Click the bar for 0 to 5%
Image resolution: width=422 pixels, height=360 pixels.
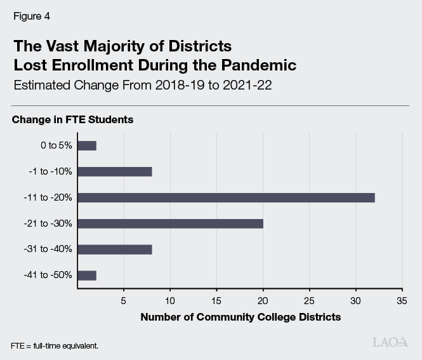click(x=87, y=145)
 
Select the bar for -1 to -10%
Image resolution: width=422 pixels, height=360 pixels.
click(x=115, y=171)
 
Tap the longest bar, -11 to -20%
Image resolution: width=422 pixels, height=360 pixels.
click(x=226, y=197)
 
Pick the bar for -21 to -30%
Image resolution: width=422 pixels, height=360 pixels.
click(x=170, y=223)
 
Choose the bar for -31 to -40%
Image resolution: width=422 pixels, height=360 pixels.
click(x=115, y=250)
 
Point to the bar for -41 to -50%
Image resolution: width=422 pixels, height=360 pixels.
click(x=87, y=276)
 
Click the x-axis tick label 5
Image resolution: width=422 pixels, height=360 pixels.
click(x=124, y=300)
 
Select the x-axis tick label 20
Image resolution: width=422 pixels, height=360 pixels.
click(x=263, y=300)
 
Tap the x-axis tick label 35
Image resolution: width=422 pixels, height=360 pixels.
click(x=401, y=300)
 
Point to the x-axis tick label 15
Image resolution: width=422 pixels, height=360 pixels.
click(x=216, y=300)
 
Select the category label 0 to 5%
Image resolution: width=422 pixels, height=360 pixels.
click(x=56, y=145)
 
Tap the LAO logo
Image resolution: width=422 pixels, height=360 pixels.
click(x=390, y=342)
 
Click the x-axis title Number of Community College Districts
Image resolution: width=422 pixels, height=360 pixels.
click(x=240, y=317)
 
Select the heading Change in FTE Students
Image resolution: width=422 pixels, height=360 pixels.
click(x=72, y=119)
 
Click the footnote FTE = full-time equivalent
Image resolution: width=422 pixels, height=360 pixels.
click(x=54, y=346)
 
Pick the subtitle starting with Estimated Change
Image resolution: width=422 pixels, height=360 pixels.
click(x=142, y=86)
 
